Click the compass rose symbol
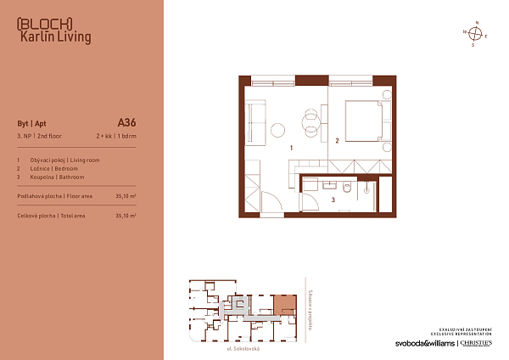[x=476, y=34]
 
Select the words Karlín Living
[x=54, y=37]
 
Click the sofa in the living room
[x=255, y=118]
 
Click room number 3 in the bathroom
[x=333, y=200]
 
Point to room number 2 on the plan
[x=337, y=141]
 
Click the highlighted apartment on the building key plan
[x=283, y=305]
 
